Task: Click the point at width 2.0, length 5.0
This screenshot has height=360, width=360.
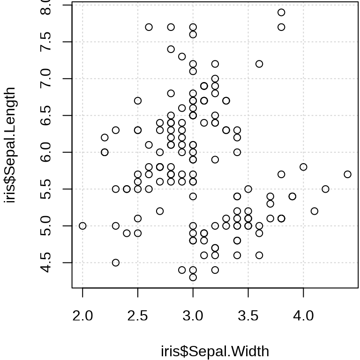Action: point(82,226)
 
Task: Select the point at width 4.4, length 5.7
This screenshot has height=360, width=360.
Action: point(347,174)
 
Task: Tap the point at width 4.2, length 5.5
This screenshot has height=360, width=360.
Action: point(325,189)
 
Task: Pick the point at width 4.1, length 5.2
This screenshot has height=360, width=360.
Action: point(315,211)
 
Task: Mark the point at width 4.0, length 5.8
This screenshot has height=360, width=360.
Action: point(303,167)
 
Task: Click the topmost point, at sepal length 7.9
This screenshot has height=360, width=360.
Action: point(281,12)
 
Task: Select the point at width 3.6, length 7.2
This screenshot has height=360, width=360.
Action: point(259,64)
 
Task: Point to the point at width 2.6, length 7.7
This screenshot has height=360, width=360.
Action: point(149,27)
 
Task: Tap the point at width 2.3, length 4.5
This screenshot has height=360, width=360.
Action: point(116,262)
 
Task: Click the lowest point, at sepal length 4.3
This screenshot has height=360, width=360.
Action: point(193,277)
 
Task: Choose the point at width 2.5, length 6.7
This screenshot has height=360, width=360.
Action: point(138,101)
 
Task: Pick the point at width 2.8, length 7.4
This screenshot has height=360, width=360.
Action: point(171,49)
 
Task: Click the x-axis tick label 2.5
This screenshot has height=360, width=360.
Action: point(138,315)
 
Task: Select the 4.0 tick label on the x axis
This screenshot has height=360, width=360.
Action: point(303,315)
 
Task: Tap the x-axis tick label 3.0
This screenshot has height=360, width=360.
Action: point(193,315)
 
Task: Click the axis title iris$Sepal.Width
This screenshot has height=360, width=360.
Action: point(215,351)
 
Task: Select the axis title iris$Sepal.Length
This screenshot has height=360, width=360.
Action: point(10,145)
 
